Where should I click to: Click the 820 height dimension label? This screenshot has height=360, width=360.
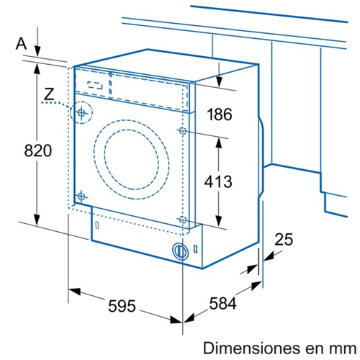38,150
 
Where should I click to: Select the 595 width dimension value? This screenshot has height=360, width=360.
122,306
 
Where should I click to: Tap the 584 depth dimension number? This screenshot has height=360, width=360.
222,303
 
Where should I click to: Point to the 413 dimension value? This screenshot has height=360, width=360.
218,181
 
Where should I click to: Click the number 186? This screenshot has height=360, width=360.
220,114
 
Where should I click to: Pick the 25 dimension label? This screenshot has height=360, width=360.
284,239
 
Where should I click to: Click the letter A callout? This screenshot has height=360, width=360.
21,44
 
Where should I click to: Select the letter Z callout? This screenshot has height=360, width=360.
49,94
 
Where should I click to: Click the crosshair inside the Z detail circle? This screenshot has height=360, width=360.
81,112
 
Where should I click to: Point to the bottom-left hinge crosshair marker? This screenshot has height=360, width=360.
81,197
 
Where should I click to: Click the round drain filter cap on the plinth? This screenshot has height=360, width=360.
180,251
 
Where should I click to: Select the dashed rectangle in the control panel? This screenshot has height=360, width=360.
95,85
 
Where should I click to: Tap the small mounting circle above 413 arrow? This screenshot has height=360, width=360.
183,131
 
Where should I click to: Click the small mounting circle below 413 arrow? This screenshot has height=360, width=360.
183,220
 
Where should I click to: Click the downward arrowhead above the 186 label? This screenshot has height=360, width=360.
219,81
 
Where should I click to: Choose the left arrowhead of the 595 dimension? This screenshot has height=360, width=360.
74,292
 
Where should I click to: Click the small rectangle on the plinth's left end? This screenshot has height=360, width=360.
97,225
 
